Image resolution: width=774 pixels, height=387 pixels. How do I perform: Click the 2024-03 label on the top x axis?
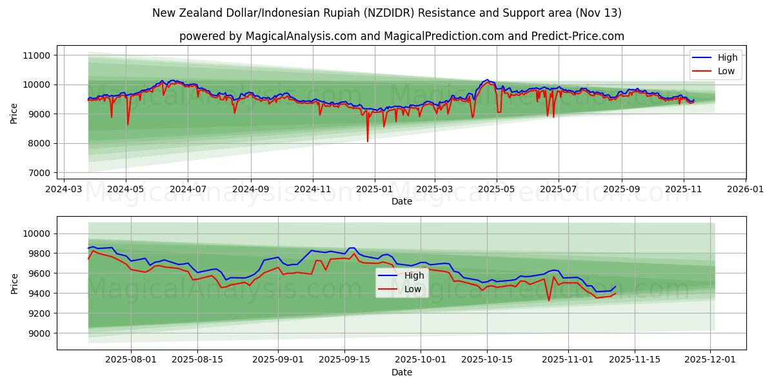pos(64,190)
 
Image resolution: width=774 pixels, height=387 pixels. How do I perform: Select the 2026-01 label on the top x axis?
pos(746,190)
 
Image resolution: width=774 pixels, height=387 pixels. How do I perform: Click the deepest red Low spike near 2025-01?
pos(368,141)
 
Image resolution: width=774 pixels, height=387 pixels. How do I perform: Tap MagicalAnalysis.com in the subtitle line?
pos(301,36)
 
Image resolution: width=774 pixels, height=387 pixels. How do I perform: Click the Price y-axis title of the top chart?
pos(14,114)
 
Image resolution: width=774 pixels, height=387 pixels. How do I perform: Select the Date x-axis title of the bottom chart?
pos(401,372)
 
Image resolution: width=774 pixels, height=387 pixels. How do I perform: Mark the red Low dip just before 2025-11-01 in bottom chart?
pos(549,300)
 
